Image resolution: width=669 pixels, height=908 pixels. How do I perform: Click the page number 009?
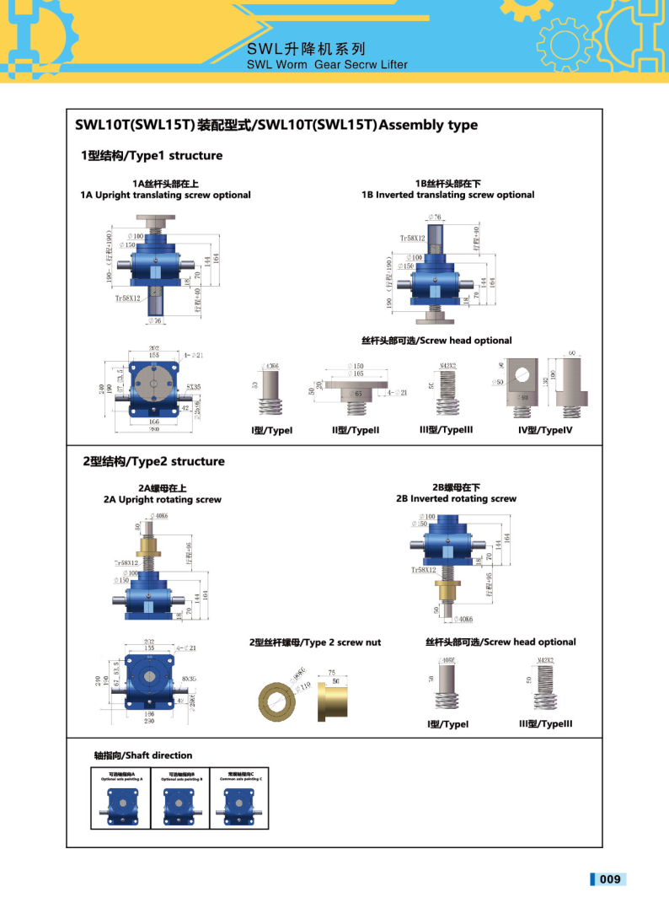pyautogui.click(x=610, y=879)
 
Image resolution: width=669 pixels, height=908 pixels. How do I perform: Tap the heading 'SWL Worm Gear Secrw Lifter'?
pyautogui.click(x=327, y=64)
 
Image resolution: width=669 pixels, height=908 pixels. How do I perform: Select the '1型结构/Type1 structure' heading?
pyautogui.click(x=152, y=155)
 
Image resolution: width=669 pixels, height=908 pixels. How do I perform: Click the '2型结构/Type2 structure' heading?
pyautogui.click(x=153, y=461)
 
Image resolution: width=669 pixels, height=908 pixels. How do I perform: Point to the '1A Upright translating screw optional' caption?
pyautogui.click(x=165, y=195)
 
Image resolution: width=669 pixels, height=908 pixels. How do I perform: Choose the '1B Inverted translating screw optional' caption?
pyautogui.click(x=447, y=195)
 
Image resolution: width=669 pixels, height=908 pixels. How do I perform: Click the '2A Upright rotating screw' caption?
pyautogui.click(x=163, y=499)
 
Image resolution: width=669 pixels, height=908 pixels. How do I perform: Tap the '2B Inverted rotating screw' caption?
pyautogui.click(x=456, y=498)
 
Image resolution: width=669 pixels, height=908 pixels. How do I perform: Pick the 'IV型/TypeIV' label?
pyautogui.click(x=545, y=431)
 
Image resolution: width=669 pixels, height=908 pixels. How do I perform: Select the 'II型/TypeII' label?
pyautogui.click(x=356, y=431)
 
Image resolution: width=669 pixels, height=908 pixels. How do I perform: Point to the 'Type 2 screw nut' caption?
pyautogui.click(x=315, y=642)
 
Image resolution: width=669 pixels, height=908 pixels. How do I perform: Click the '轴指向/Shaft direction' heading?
pyautogui.click(x=143, y=755)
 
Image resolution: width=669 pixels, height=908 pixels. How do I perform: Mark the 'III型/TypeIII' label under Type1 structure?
pyautogui.click(x=446, y=430)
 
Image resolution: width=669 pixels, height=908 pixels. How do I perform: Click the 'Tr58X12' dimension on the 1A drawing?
pyautogui.click(x=129, y=298)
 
